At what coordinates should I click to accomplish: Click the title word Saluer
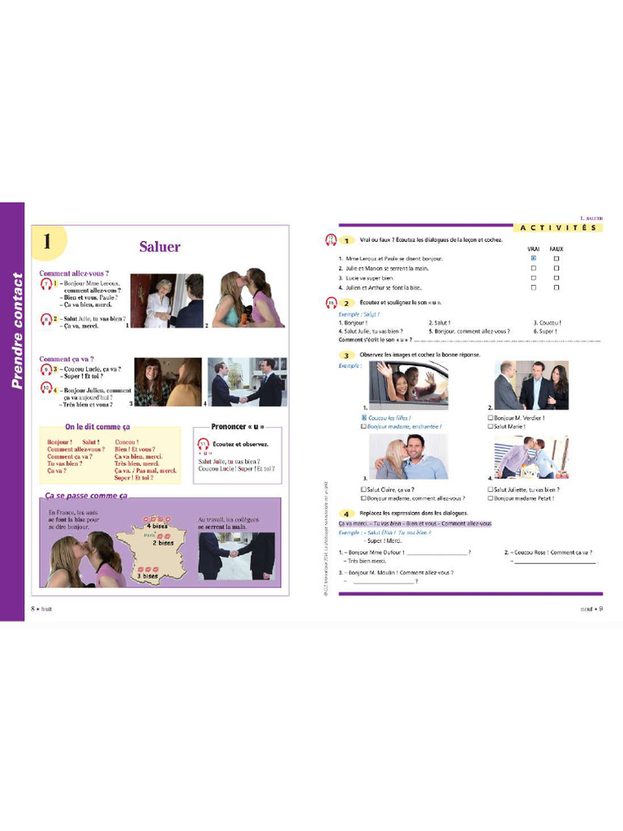pyautogui.click(x=160, y=247)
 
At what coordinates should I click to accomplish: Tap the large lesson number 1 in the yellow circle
pyautogui.click(x=47, y=242)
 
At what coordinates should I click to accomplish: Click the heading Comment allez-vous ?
pyautogui.click(x=74, y=273)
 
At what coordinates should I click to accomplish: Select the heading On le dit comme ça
pyautogui.click(x=97, y=427)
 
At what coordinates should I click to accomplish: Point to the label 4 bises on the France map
pyautogui.click(x=160, y=526)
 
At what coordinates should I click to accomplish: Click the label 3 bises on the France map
pyautogui.click(x=148, y=575)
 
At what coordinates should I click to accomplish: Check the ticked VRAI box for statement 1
pyautogui.click(x=533, y=258)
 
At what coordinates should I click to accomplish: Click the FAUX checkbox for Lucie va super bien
pyautogui.click(x=556, y=278)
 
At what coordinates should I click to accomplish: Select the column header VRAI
pyautogui.click(x=533, y=249)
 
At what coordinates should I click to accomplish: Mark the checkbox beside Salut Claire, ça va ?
pyautogui.click(x=363, y=489)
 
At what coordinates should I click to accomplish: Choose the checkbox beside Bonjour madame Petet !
pyautogui.click(x=492, y=497)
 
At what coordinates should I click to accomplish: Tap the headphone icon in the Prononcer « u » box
pyautogui.click(x=204, y=444)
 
